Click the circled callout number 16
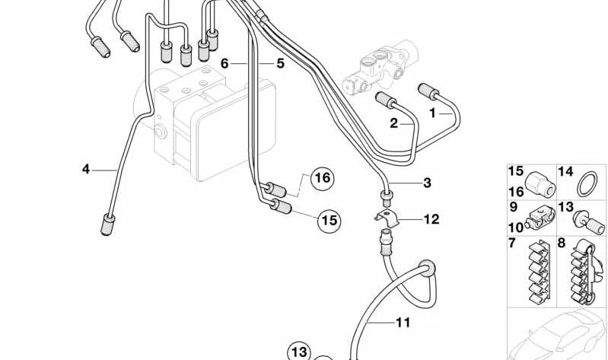coord(322,178)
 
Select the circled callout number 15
coord(327,221)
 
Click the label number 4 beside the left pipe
coord(86,168)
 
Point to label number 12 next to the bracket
coord(431,219)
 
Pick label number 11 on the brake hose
coord(403,323)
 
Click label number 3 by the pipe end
coord(427,183)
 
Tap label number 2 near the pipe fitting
coord(394,122)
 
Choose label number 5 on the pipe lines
coord(280,64)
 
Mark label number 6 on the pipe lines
coord(224,63)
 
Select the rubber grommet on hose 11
coord(428,266)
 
